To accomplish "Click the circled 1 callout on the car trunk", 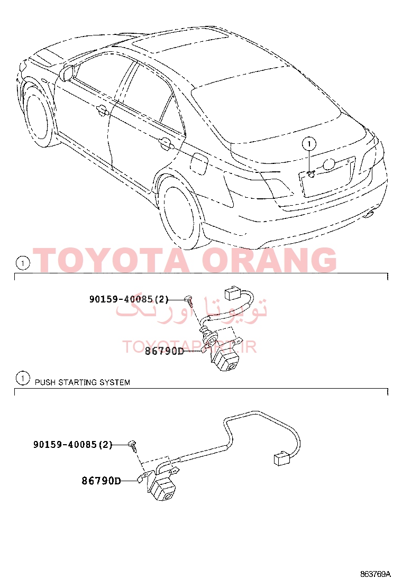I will point(309,143).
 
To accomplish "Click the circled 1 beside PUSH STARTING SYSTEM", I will point(22,379).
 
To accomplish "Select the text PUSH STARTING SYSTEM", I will point(82,382).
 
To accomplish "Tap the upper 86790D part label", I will point(163,351).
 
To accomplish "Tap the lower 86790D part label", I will point(101,481).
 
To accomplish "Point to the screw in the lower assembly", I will point(133,445).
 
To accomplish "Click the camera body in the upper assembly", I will point(225,362).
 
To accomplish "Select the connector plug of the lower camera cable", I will point(284,458).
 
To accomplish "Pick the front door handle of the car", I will point(102,111).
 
